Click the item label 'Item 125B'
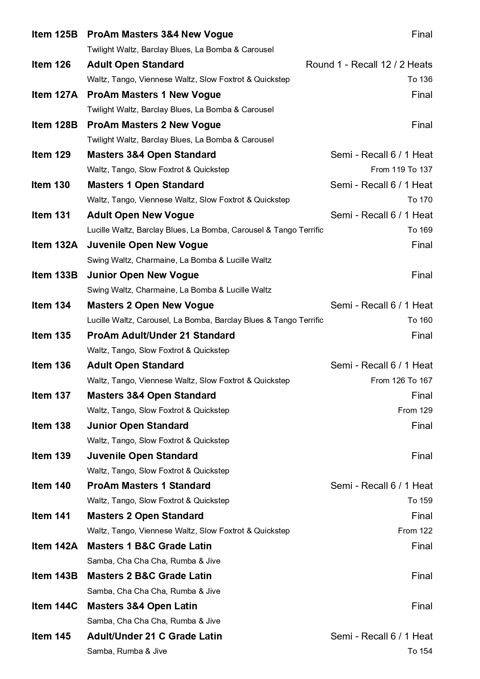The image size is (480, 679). click(x=55, y=34)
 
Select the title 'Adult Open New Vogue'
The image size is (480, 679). click(x=141, y=215)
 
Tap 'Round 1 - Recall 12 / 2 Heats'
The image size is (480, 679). click(x=369, y=65)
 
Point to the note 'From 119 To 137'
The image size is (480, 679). click(x=401, y=170)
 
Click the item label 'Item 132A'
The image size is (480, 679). click(x=55, y=245)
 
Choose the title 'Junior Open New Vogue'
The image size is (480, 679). click(x=143, y=275)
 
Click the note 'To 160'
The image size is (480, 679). click(x=420, y=320)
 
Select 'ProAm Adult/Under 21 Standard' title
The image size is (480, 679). click(x=161, y=336)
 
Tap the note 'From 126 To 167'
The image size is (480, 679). click(x=401, y=381)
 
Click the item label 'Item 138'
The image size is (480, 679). click(x=51, y=426)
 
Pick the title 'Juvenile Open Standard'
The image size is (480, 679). click(x=142, y=456)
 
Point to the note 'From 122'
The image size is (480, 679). click(x=415, y=531)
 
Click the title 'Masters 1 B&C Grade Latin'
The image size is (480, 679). click(x=149, y=546)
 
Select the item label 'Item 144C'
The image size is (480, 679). click(x=55, y=606)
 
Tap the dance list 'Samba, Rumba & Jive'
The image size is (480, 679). click(x=127, y=651)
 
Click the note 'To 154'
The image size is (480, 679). click(x=420, y=651)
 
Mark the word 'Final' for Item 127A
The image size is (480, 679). click(x=422, y=95)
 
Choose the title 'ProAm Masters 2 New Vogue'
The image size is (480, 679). click(x=154, y=125)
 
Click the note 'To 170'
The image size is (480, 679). click(x=420, y=200)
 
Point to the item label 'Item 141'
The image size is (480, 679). click(x=51, y=516)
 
